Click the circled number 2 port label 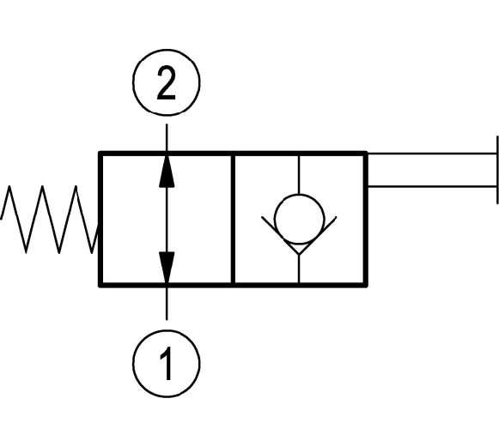click(x=167, y=82)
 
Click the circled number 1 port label click(x=167, y=364)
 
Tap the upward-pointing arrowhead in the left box click(x=167, y=171)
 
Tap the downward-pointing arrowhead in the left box click(x=167, y=268)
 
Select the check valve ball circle click(x=299, y=220)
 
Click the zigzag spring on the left click(x=49, y=220)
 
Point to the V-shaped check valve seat click(x=299, y=235)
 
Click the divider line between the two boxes click(x=233, y=220)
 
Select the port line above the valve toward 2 click(x=167, y=137)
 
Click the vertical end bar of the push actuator click(x=497, y=170)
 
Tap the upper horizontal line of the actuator click(x=432, y=154)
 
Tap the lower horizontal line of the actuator click(x=432, y=186)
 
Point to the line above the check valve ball click(x=299, y=175)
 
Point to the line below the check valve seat click(x=299, y=269)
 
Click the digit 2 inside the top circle click(x=167, y=82)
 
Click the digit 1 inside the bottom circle click(x=167, y=364)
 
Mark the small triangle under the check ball click(x=299, y=249)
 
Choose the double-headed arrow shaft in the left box click(x=167, y=220)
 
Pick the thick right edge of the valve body click(x=366, y=220)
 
